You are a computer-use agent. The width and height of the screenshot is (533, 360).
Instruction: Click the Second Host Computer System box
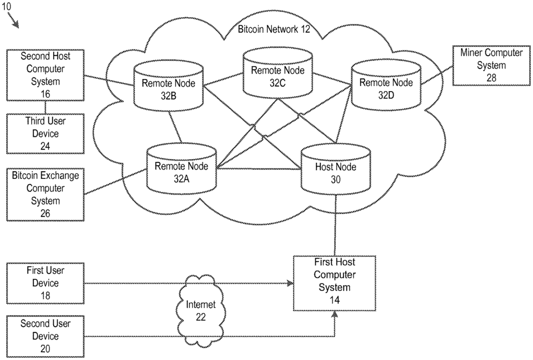coord(45,75)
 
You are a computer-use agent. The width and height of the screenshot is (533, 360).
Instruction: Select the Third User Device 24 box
coord(45,134)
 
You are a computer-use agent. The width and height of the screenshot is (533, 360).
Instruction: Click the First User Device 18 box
coord(45,284)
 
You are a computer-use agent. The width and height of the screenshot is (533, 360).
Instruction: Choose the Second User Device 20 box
coord(45,336)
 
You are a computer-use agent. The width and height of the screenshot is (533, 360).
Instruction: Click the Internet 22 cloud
coord(200,310)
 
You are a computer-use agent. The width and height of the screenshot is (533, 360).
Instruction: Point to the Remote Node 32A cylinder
coord(181,169)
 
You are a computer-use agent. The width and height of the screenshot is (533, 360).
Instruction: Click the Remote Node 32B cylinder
coord(169,86)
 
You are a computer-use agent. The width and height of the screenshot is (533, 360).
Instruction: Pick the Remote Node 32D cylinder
coord(386,85)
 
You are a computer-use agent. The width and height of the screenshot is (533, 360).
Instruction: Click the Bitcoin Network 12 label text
coord(274,29)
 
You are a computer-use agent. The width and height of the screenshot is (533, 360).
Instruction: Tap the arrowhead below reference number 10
coord(16,23)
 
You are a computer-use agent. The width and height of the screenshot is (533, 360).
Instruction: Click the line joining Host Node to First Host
coord(335,224)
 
